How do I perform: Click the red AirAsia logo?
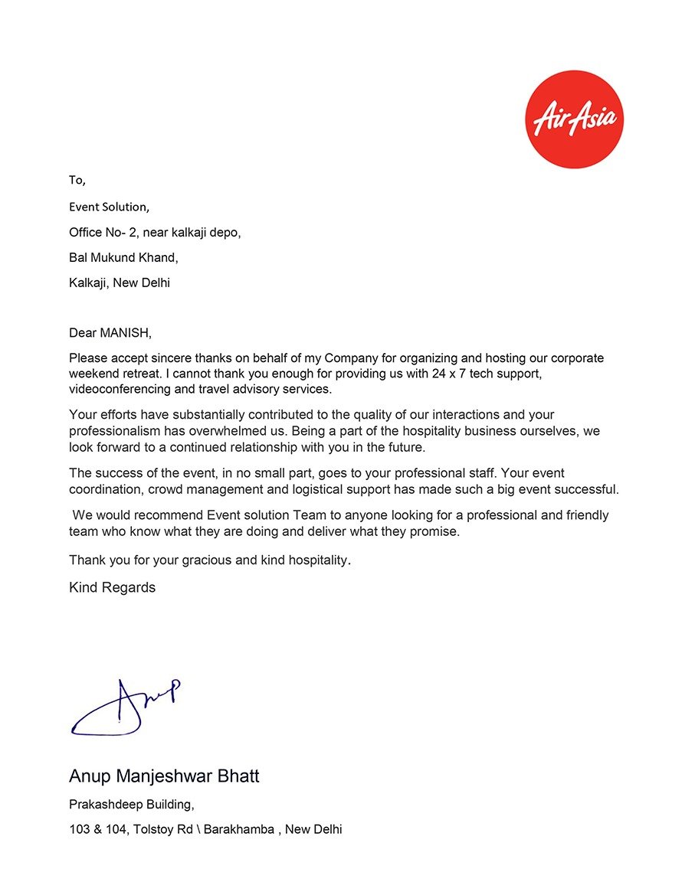click(x=574, y=119)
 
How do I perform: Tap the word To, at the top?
click(x=77, y=181)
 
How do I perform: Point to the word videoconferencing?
click(x=118, y=389)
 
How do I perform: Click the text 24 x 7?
click(x=460, y=374)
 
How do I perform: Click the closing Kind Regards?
click(x=112, y=587)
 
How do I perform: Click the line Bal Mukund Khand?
click(x=123, y=257)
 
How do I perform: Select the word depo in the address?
click(x=225, y=232)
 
